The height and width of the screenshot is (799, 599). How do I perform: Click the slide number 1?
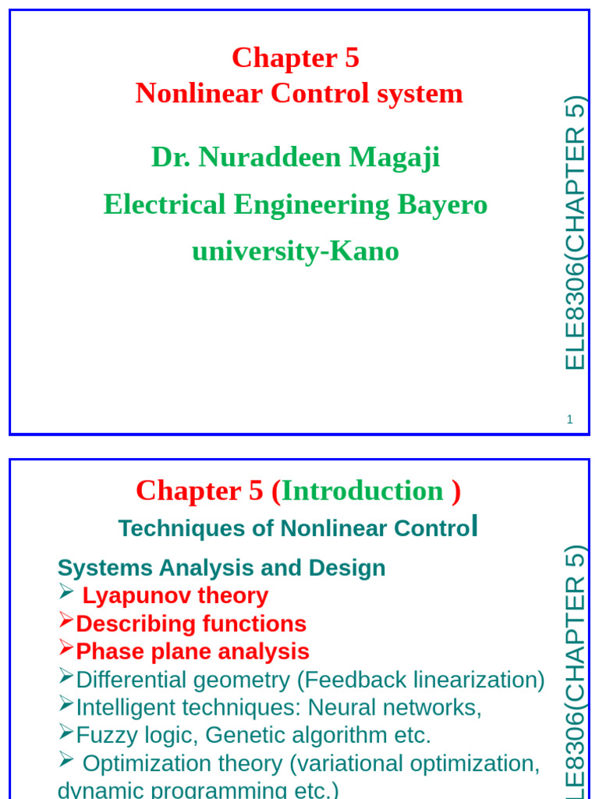(569, 419)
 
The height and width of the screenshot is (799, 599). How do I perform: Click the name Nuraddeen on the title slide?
(269, 156)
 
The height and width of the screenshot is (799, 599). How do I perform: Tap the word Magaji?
(394, 158)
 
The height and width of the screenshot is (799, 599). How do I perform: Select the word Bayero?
(442, 205)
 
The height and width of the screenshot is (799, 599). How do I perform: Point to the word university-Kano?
(296, 251)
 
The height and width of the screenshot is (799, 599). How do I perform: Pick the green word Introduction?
(362, 491)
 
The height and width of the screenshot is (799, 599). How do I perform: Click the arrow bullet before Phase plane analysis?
(66, 647)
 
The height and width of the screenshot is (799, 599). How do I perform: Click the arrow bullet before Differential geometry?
(66, 675)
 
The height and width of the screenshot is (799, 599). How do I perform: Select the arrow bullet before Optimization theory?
(66, 758)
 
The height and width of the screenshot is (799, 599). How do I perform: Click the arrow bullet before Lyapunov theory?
(66, 591)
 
